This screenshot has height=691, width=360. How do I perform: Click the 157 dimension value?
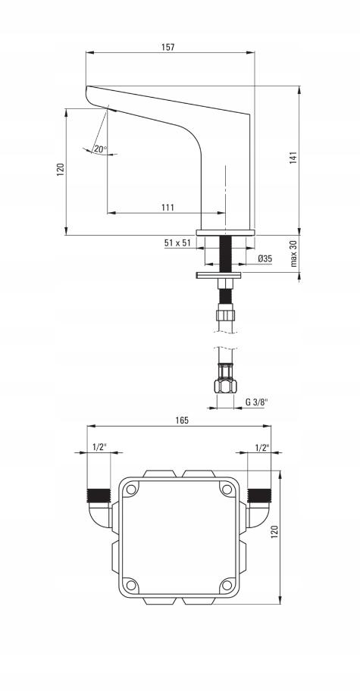point(169,47)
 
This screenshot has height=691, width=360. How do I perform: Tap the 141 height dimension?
point(294,158)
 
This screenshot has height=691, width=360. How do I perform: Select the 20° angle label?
point(100,149)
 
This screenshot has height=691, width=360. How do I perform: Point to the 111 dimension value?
point(168,207)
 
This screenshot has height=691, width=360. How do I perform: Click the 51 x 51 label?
point(177,242)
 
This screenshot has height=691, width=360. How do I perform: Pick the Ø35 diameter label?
point(265,258)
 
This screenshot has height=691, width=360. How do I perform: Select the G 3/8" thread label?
point(256,402)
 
